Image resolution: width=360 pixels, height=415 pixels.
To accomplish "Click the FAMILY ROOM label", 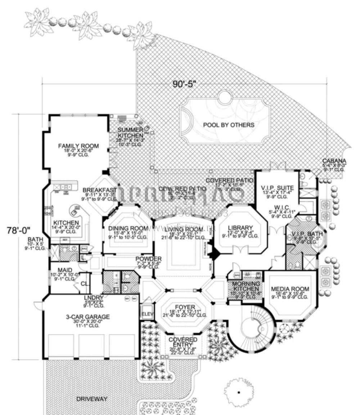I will pyautogui.click(x=78, y=146).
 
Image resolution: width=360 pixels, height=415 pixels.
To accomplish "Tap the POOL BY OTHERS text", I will pyautogui.click(x=229, y=125).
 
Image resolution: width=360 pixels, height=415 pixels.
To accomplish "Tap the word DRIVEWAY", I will pyautogui.click(x=92, y=399).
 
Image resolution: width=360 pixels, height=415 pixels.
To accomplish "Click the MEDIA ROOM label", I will pyautogui.click(x=290, y=289).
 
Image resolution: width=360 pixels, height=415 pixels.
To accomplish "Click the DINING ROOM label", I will pyautogui.click(x=128, y=228).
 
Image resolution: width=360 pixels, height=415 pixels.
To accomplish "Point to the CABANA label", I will pyautogui.click(x=334, y=161).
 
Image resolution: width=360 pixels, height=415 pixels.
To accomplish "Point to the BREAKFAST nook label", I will pyautogui.click(x=100, y=190).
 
